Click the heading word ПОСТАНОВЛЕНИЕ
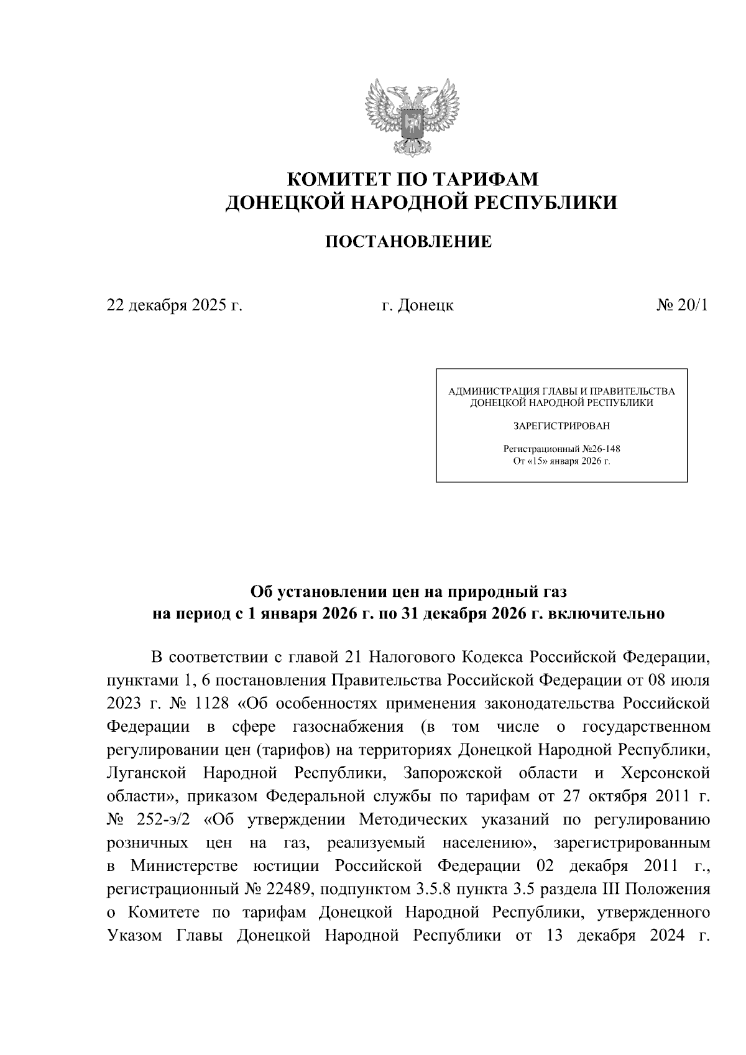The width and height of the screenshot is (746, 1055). [409, 242]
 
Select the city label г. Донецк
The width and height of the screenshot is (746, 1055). [417, 305]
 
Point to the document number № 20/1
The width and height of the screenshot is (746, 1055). [682, 305]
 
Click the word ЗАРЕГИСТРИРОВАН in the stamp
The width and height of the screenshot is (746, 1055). [561, 426]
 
